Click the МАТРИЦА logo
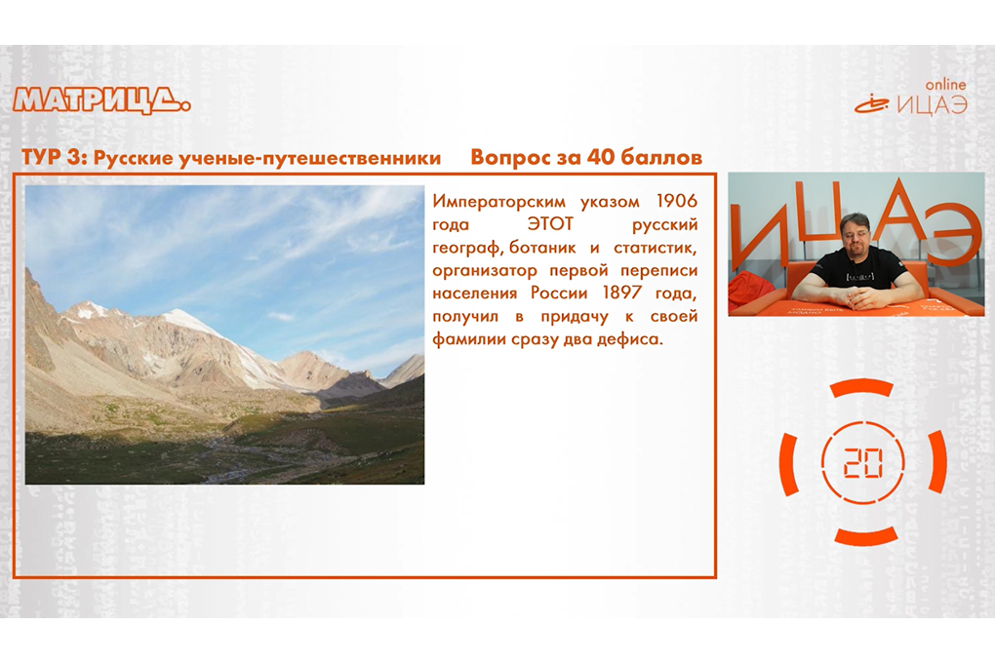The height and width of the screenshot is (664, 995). [x=101, y=100]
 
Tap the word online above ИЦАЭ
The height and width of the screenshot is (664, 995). [x=945, y=85]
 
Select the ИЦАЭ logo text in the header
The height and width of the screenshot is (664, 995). [x=933, y=105]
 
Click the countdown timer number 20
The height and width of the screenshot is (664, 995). [x=863, y=462]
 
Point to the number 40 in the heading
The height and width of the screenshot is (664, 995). [x=600, y=157]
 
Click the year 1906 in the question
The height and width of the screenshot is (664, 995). [x=676, y=201]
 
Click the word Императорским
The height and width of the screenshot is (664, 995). [x=498, y=202]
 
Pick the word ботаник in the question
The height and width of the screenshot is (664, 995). [x=542, y=247]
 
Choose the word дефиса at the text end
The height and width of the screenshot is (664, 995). [x=625, y=339]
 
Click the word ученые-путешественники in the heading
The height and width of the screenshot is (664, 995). [x=310, y=158]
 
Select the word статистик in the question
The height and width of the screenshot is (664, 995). [x=655, y=247]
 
